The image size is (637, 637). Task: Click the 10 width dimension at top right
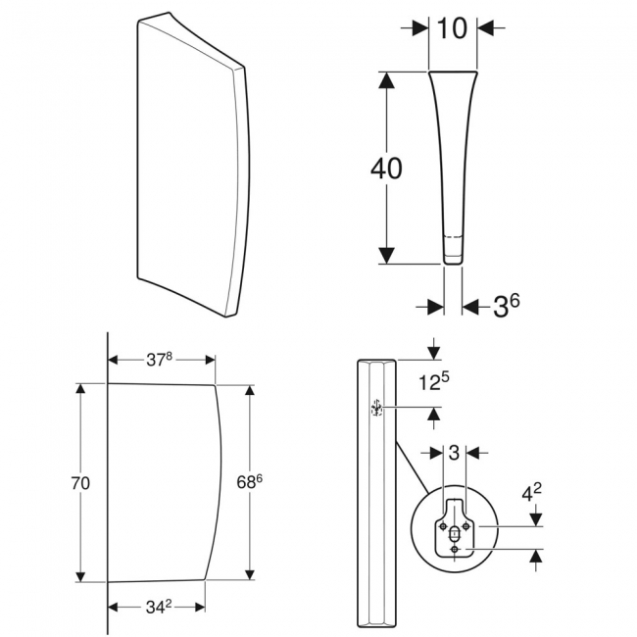pos(453,29)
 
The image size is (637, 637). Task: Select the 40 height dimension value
pos(386,169)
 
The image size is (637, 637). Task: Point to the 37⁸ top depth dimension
pos(160,360)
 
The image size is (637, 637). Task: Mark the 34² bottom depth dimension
pos(157,607)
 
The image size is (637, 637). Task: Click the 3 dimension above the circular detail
pos(453,453)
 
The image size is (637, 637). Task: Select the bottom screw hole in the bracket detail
pos(456,550)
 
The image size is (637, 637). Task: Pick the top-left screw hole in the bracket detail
pos(445,527)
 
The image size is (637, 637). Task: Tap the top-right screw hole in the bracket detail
pos(466,527)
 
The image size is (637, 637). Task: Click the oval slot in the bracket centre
pos(456,536)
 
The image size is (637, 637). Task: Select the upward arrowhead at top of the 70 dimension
pos(82,390)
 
